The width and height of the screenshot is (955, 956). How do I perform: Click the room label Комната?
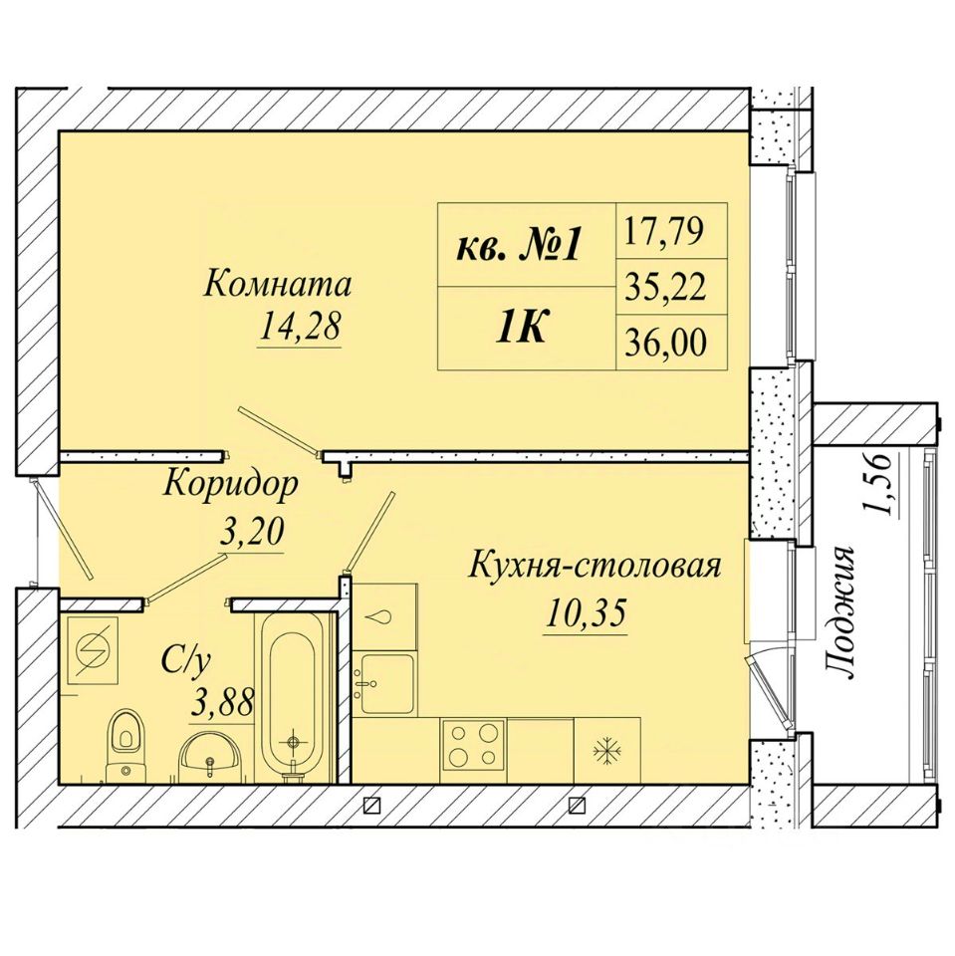277,285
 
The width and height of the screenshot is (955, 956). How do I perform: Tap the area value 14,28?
299,329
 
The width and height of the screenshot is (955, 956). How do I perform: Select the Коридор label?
231,486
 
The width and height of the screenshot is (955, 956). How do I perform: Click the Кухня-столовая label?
596,567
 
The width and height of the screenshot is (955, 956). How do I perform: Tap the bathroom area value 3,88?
221,704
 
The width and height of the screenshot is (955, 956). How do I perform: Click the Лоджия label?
839,612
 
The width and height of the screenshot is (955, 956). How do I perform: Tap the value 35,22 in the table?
665,287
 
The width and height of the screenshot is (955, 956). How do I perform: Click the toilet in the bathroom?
126,746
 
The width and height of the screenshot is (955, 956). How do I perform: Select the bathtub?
293,695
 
